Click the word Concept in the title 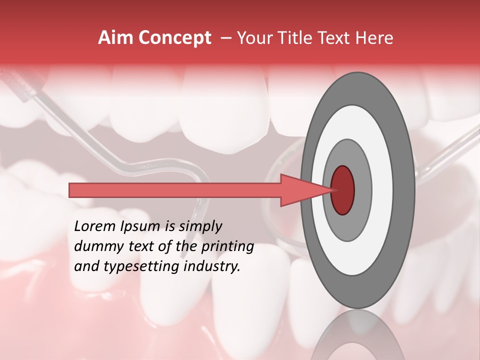175,38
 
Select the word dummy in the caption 95,246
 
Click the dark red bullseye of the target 342,190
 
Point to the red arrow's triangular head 305,190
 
